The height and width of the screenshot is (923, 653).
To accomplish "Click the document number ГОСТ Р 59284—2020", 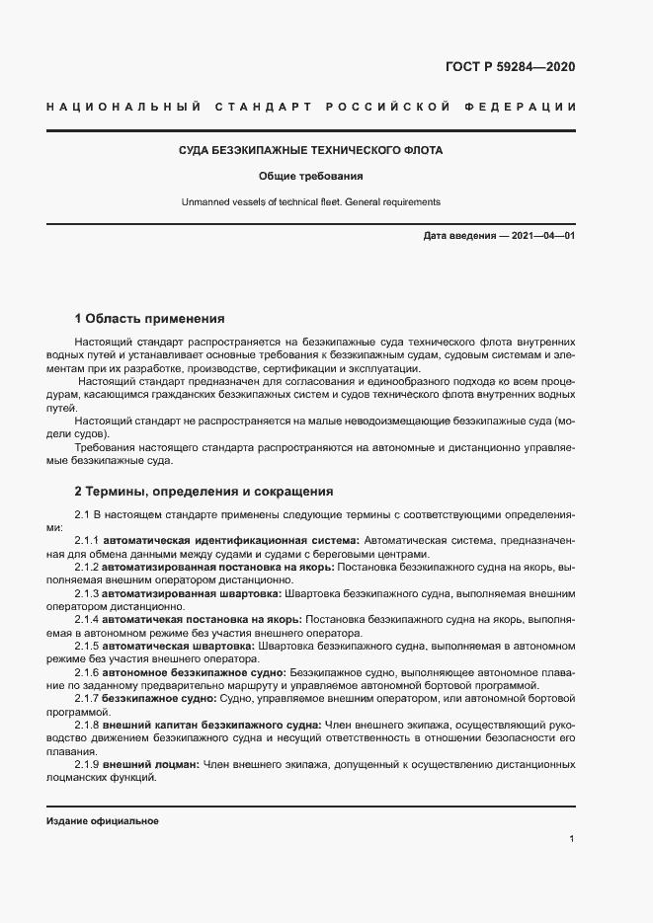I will click(511, 67).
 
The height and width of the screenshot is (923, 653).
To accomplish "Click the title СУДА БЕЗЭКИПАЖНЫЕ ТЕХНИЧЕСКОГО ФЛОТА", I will click(310, 151).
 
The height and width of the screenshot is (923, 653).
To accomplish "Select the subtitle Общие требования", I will click(310, 177).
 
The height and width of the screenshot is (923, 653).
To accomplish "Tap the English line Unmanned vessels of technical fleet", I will click(310, 202).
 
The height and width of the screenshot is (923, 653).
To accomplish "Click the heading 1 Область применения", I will click(150, 319).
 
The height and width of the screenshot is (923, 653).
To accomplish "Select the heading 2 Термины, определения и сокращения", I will click(204, 491).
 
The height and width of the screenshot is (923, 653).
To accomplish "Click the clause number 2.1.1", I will click(88, 541).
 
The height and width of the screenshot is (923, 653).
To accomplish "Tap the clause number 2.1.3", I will click(88, 593).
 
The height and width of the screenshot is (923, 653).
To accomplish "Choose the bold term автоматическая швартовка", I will click(180, 646).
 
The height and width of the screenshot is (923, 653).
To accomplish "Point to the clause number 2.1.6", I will click(88, 671).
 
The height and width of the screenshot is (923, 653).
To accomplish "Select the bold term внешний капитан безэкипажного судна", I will click(212, 724).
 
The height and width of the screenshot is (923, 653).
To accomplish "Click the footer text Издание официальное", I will click(103, 821).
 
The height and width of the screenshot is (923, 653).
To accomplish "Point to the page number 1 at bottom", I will click(572, 838).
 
